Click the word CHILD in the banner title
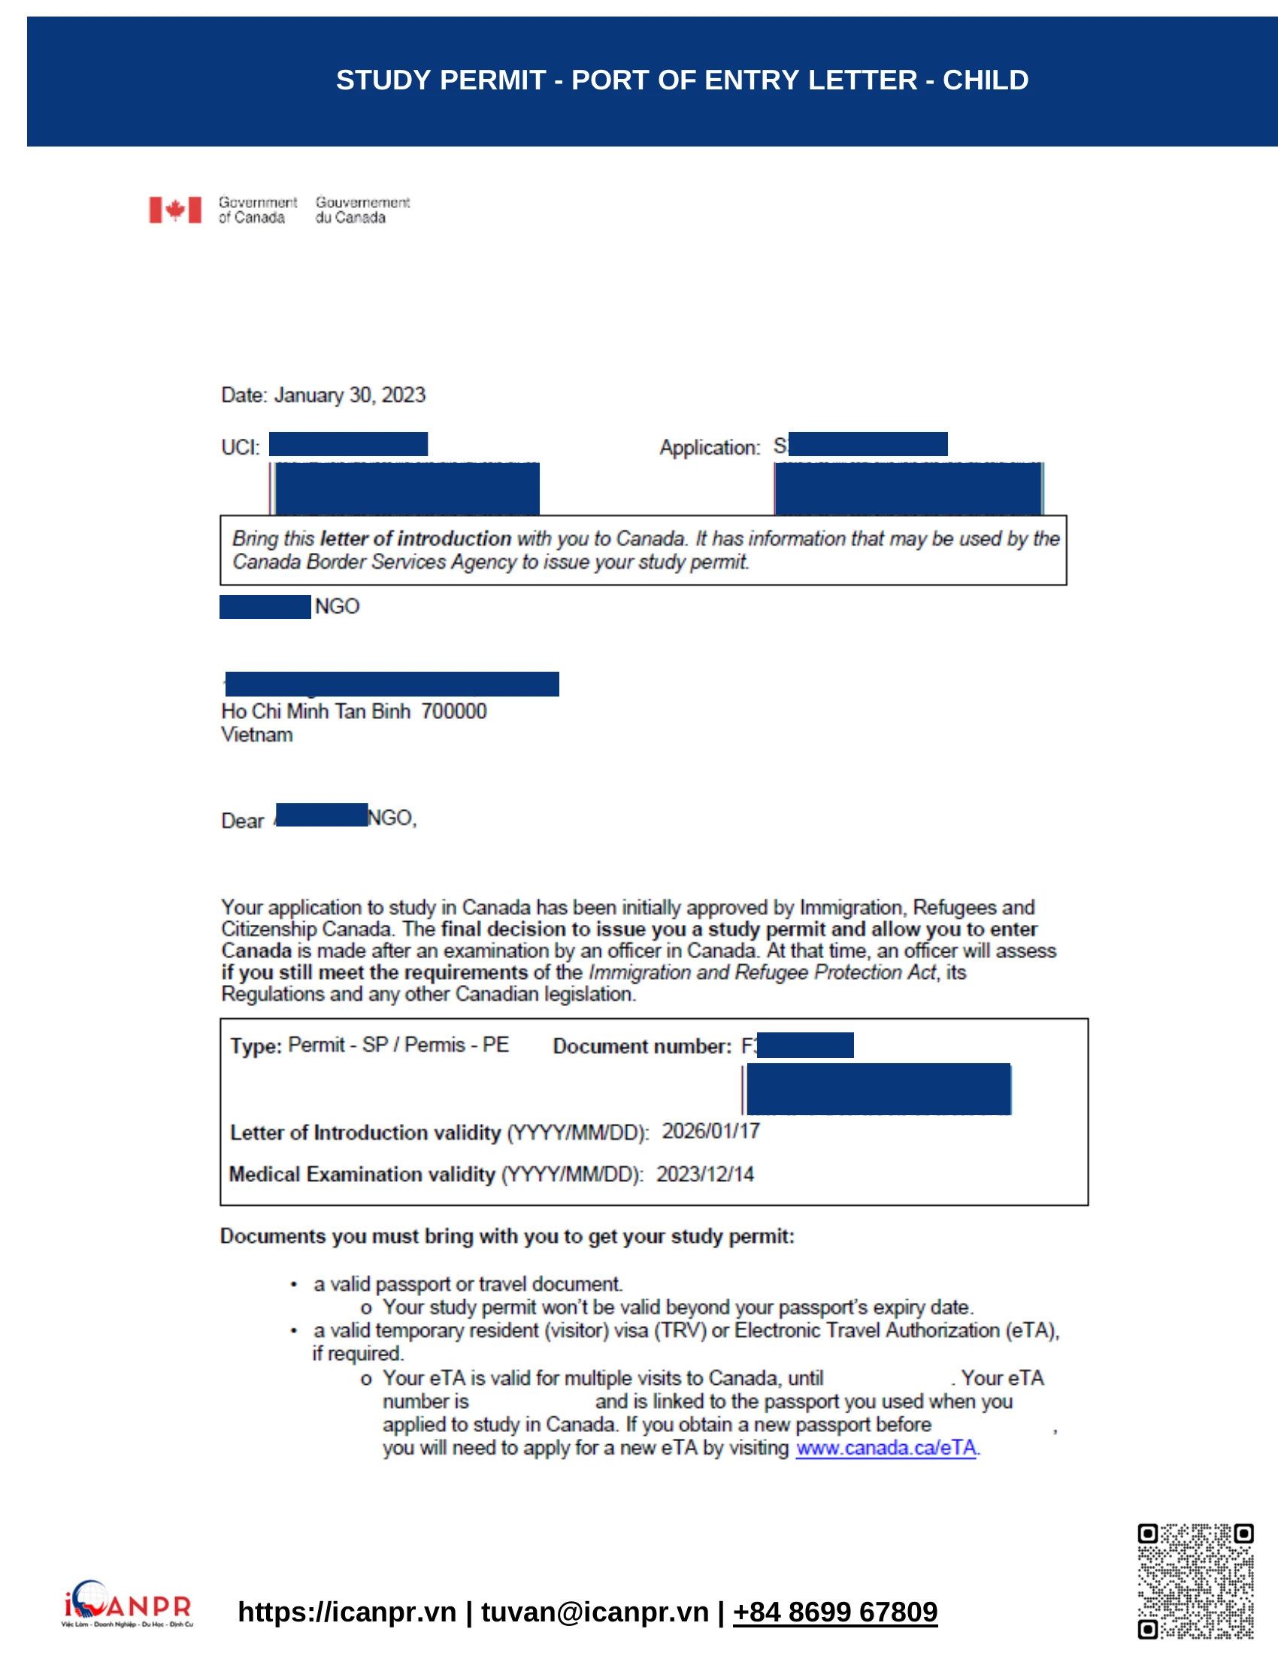(985, 80)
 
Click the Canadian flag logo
(175, 210)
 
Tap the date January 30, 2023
(349, 395)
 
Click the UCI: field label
(240, 447)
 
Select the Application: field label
(710, 447)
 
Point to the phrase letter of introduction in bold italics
(416, 538)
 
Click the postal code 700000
(453, 711)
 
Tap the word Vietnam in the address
(256, 734)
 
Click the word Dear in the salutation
(242, 820)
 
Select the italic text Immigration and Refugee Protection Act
(762, 972)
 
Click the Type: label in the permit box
(256, 1046)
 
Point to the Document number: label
(642, 1046)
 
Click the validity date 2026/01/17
(710, 1131)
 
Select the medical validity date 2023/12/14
(704, 1174)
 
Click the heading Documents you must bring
(507, 1236)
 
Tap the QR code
(1195, 1581)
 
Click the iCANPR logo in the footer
(127, 1603)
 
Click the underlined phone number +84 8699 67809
(834, 1612)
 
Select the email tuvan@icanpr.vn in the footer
(595, 1612)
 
